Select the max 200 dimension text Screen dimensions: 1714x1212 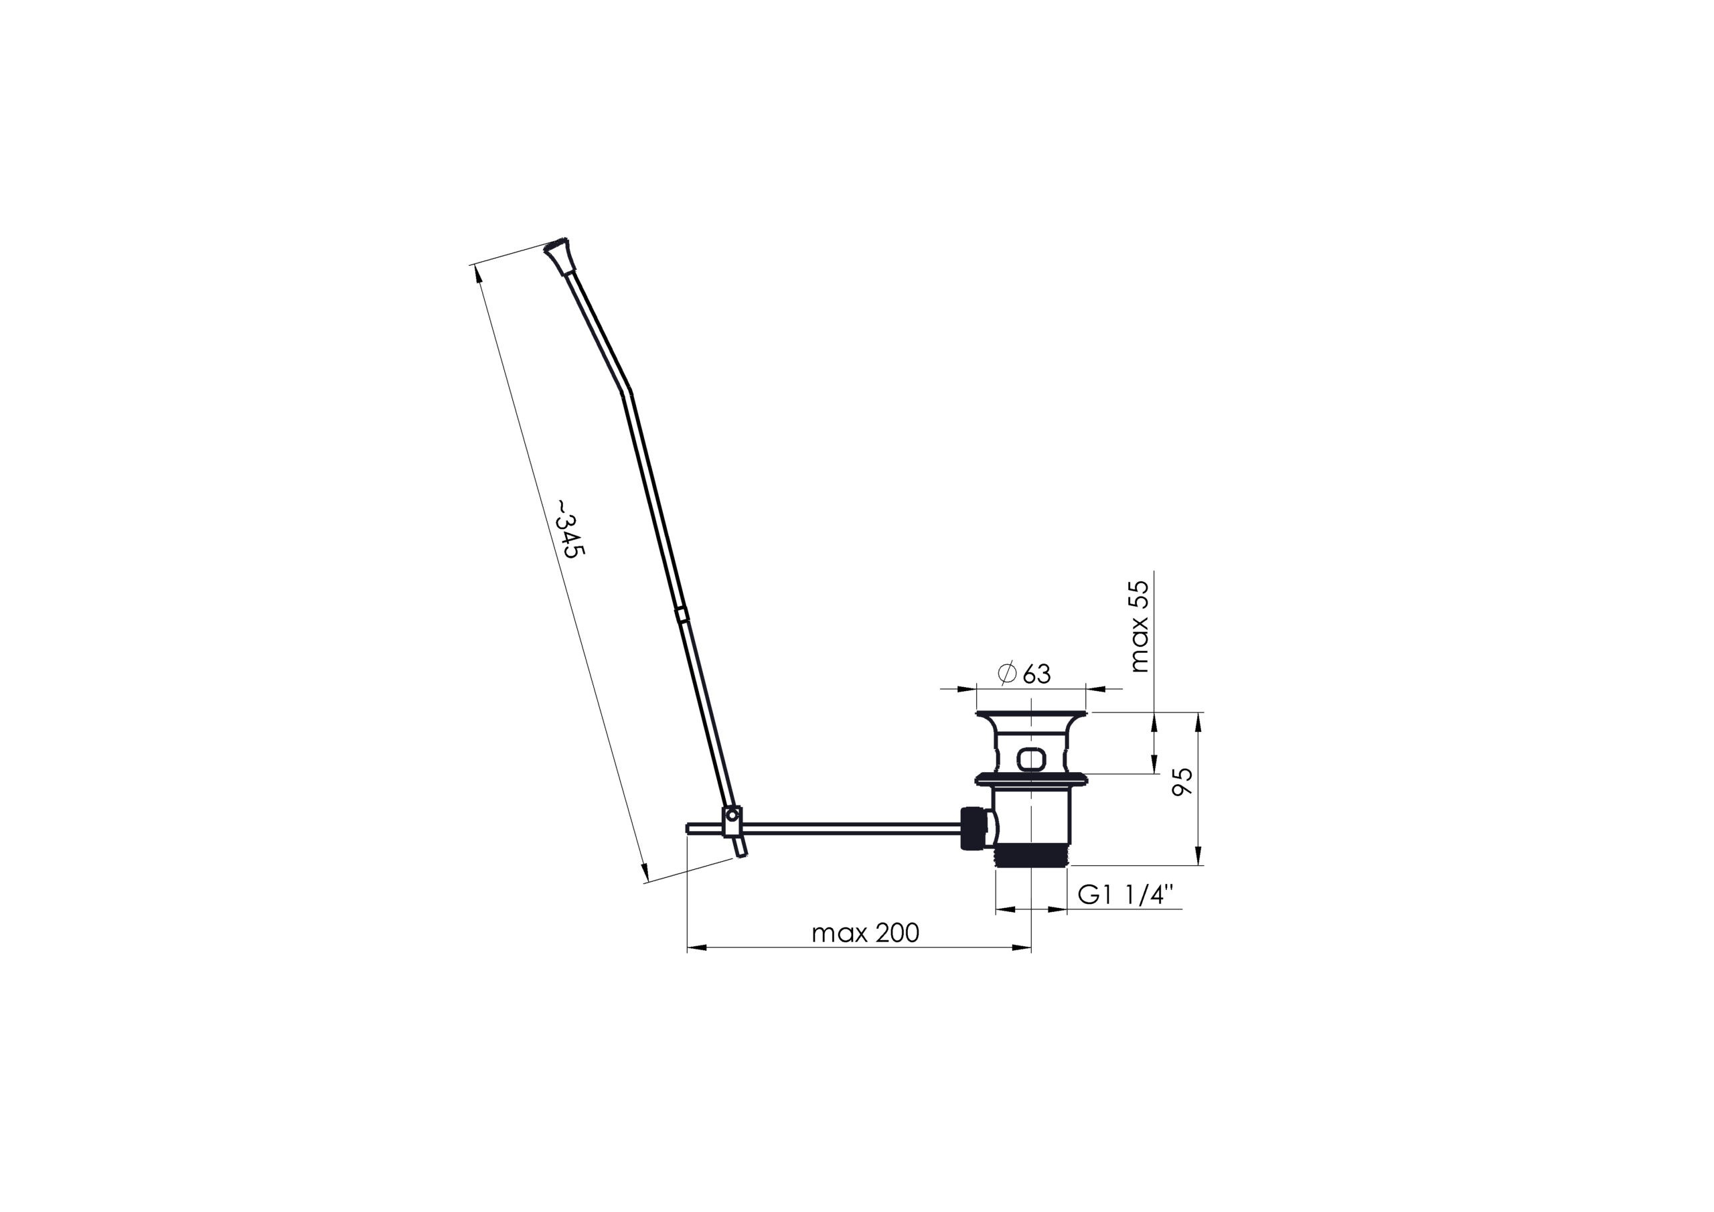click(865, 933)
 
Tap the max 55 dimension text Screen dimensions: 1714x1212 click(1140, 627)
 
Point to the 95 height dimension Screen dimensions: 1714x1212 click(1183, 782)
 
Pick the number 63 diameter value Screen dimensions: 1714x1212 click(1037, 674)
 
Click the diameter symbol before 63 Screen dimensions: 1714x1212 click(1007, 673)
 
